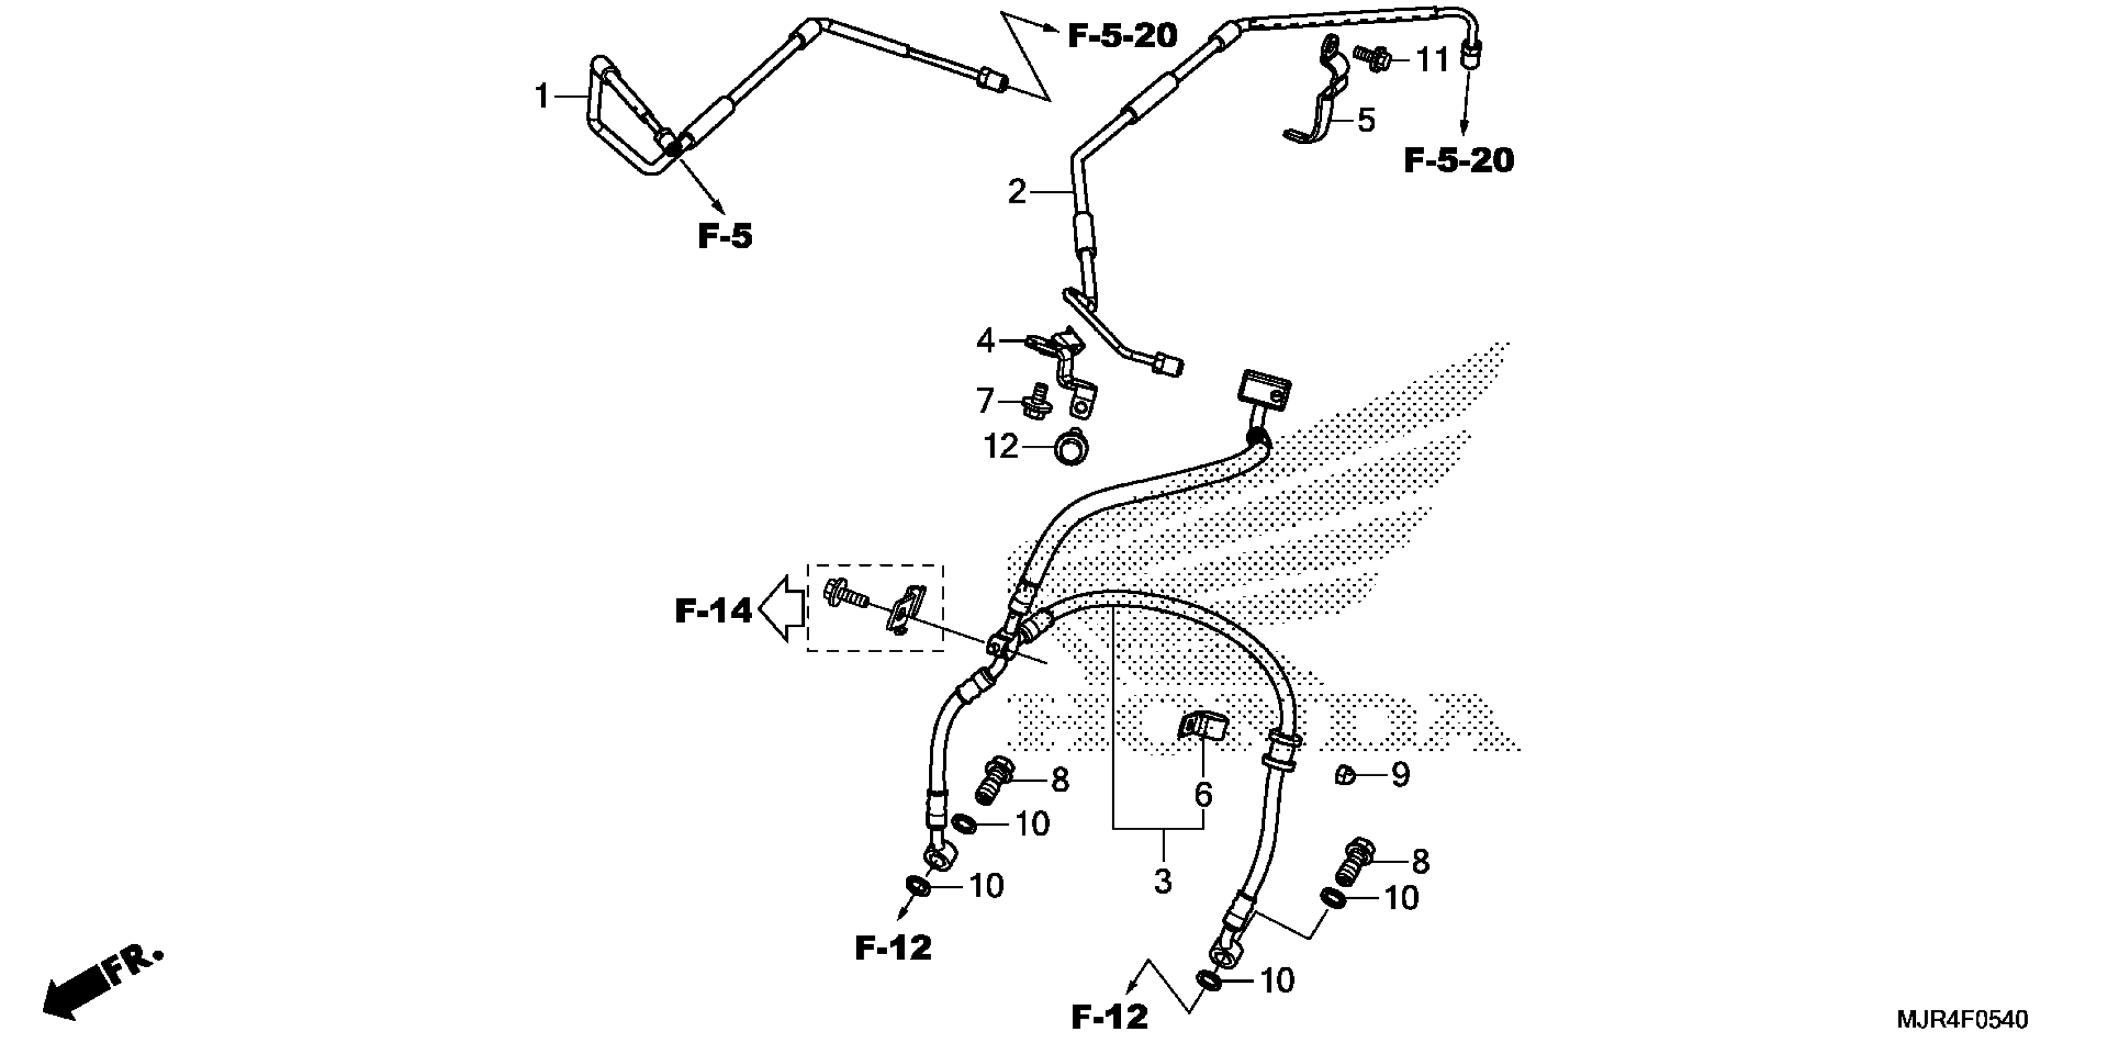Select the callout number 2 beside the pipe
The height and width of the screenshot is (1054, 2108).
coord(1016,192)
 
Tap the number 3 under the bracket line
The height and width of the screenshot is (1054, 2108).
coord(1163,882)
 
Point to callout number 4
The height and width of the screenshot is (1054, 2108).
coord(986,340)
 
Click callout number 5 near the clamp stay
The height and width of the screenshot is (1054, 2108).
coord(1366,120)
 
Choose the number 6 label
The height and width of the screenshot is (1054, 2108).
coord(1203,794)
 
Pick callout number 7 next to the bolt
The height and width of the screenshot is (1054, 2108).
coord(985,401)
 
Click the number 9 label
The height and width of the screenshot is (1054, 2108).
coord(1400,774)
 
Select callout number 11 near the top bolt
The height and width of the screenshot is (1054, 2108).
coord(1432,60)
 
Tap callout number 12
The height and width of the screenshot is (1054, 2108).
coord(1000,447)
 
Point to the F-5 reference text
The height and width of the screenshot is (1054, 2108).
coord(724,236)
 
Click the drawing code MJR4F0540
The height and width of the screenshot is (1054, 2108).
coord(1962,1020)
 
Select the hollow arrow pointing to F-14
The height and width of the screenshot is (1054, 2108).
coord(781,608)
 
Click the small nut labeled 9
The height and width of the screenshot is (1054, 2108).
coord(1344,774)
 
